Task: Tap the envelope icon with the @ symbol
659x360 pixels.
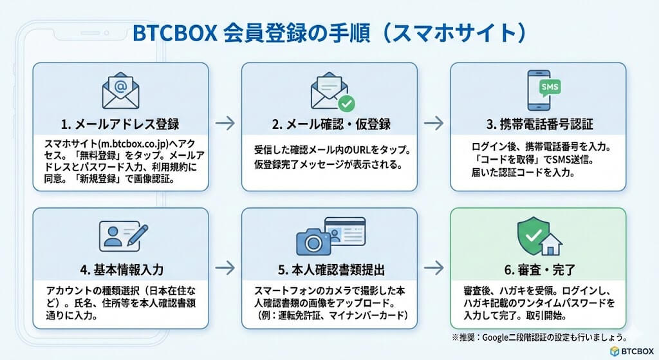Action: (120, 91)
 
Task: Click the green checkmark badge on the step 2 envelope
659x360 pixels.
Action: (346, 102)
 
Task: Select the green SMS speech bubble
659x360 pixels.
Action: (551, 87)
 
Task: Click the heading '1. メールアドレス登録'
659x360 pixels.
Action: (120, 124)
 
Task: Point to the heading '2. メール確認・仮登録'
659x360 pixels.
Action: (329, 124)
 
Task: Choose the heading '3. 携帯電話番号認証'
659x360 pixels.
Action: (537, 124)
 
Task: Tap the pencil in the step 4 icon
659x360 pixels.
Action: (137, 234)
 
